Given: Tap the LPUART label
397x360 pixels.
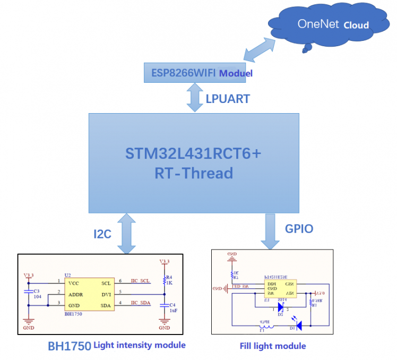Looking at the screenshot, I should tap(228, 98).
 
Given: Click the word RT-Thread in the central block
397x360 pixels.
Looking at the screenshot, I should tap(194, 173).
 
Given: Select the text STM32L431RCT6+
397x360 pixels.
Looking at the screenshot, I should tap(194, 154).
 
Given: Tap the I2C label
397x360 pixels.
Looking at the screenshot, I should tap(102, 234).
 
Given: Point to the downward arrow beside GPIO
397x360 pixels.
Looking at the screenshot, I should tap(270, 231).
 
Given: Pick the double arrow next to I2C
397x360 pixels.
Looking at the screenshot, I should tap(127, 234).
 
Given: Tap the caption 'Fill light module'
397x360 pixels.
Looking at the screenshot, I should tap(273, 346).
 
